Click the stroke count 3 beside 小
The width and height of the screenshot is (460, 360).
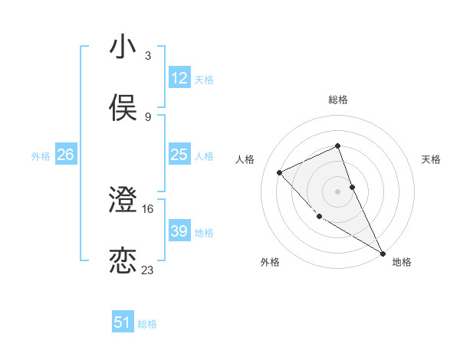[x=148, y=56]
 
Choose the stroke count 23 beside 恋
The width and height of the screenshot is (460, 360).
[x=148, y=270]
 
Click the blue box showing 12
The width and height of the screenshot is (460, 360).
[x=179, y=78]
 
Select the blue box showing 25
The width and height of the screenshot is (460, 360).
[x=179, y=155]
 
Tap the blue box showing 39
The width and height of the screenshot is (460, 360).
[x=179, y=231]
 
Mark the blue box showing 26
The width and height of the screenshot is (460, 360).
[x=66, y=155]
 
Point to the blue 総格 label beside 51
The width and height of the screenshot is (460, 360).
[x=147, y=324]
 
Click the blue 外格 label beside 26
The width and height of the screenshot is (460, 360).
[x=41, y=156]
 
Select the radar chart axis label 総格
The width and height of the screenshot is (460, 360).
[x=338, y=100]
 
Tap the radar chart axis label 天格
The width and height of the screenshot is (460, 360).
[x=432, y=159]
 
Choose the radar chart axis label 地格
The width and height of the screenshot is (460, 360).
[x=402, y=262]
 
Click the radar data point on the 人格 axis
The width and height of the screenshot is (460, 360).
[x=280, y=172]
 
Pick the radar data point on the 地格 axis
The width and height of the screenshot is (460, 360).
[x=383, y=252]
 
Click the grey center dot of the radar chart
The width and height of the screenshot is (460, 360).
[x=338, y=191]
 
